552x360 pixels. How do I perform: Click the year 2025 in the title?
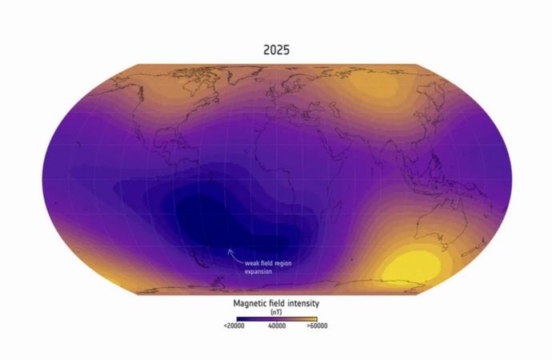pyautogui.click(x=276, y=50)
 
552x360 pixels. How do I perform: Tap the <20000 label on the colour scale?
pyautogui.click(x=233, y=326)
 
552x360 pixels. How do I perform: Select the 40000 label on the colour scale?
pyautogui.click(x=276, y=326)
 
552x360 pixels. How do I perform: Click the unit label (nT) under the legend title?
pyautogui.click(x=276, y=313)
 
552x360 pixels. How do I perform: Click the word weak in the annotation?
pyautogui.click(x=253, y=262)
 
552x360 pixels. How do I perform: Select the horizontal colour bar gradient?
pyautogui.click(x=276, y=318)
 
